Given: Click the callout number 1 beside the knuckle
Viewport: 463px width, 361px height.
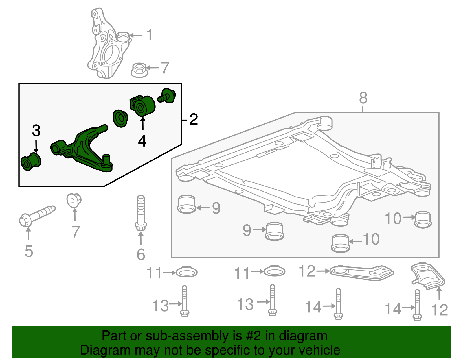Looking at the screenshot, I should [x=149, y=35].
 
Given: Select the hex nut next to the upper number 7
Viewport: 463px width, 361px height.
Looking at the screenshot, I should [x=139, y=70].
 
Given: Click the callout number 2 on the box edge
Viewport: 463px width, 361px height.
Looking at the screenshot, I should [x=193, y=119].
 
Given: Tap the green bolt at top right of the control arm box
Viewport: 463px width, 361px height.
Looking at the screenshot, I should [x=167, y=96].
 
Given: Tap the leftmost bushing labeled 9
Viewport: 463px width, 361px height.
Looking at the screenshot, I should [x=186, y=204].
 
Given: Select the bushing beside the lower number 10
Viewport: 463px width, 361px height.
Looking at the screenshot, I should [x=340, y=243].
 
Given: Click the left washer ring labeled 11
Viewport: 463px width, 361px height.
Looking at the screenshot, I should [x=187, y=272].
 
